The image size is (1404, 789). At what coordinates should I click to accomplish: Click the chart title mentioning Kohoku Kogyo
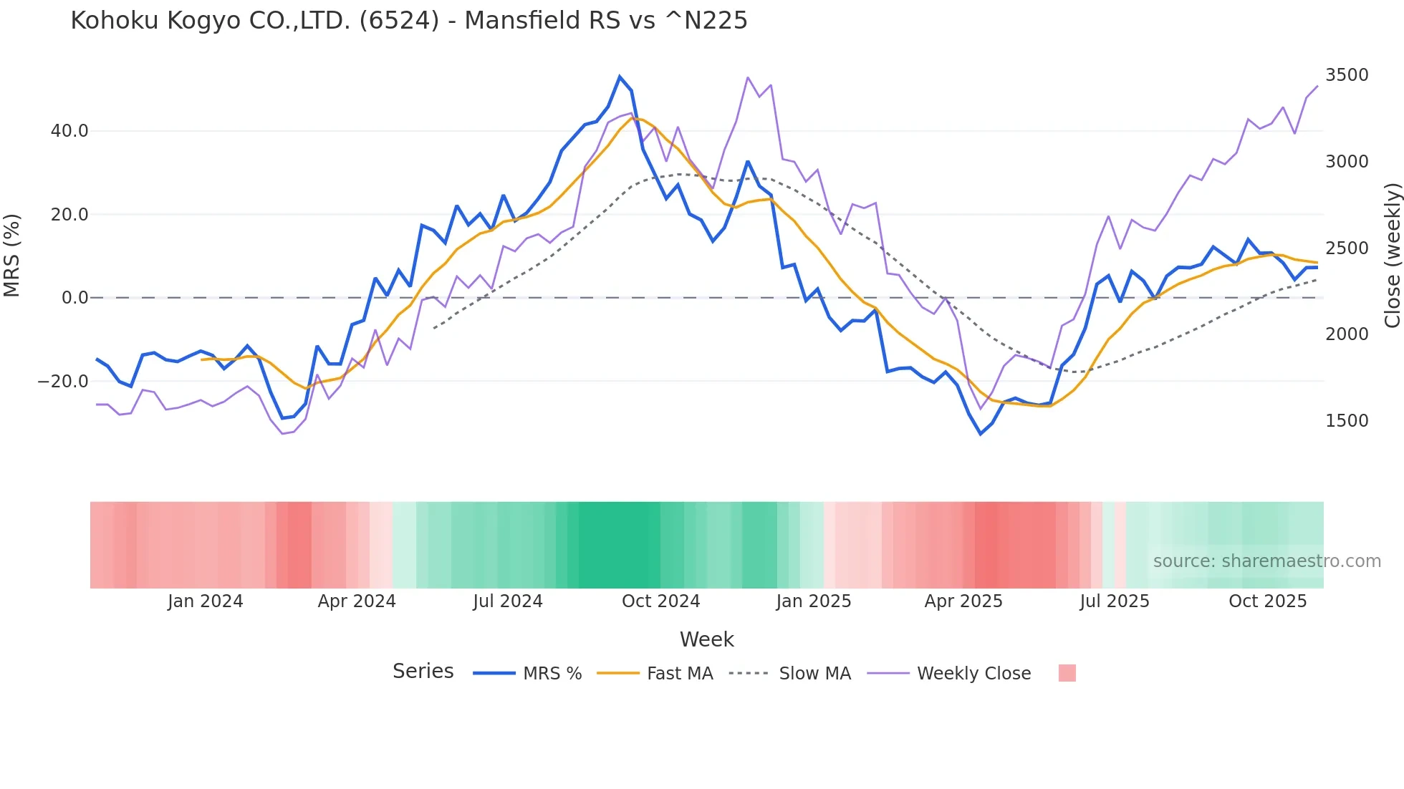pos(408,21)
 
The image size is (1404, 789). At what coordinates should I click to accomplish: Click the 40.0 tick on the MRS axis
pos(69,131)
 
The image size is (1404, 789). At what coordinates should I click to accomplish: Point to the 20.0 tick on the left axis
pos(69,215)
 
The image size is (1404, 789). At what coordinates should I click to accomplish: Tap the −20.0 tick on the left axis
pos(63,382)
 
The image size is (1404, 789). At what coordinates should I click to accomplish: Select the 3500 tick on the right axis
pos(1347,75)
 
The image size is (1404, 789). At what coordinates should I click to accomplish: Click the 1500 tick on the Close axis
pos(1347,421)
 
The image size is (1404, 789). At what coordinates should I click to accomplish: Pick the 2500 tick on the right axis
pos(1347,248)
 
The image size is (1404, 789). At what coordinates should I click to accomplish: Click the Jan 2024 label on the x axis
pos(205,601)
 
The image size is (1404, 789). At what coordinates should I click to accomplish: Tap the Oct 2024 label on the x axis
pos(660,601)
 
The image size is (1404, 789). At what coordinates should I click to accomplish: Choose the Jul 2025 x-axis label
pos(1114,601)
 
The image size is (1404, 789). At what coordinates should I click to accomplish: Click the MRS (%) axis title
pos(12,255)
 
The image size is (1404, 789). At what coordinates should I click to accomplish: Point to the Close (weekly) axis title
pos(1392,255)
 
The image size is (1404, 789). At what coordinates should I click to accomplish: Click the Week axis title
pos(706,639)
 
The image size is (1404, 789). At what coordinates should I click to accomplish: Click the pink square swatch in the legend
pos(1067,673)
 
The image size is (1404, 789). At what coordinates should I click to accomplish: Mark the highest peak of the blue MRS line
pos(620,77)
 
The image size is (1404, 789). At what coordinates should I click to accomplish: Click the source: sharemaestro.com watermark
pos(1266,561)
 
